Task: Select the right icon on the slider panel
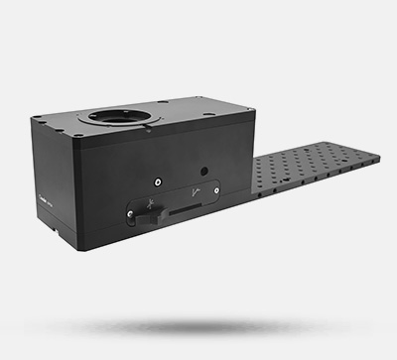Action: [x=197, y=193]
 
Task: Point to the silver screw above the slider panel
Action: [x=159, y=180]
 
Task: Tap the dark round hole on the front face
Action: [x=203, y=170]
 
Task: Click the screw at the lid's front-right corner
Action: [x=216, y=123]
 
